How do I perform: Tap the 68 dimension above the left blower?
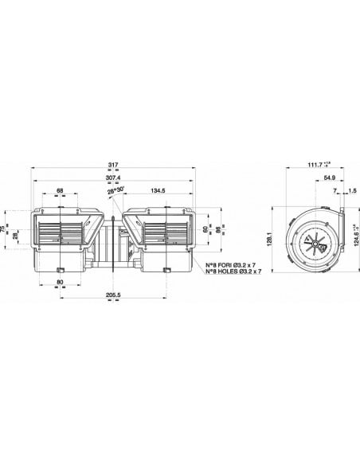click(61, 190)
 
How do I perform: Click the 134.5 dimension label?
click(158, 190)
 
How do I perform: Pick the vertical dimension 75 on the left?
click(7, 229)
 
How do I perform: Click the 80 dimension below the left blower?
click(60, 281)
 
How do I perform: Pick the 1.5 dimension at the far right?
click(352, 191)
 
